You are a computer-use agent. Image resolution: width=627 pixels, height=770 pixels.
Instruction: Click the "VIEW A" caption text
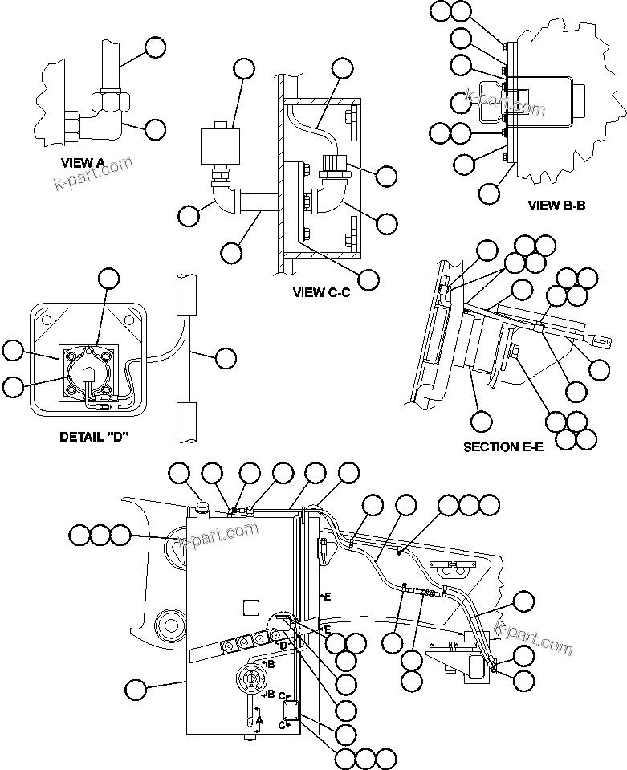click(83, 162)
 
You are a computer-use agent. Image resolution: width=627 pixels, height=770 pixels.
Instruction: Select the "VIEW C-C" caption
click(322, 292)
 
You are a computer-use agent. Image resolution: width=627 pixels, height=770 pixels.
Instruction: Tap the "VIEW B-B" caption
click(556, 205)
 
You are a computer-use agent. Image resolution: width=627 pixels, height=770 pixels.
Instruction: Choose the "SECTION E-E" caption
click(503, 446)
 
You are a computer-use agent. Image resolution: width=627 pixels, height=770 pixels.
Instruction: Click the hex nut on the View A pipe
click(108, 102)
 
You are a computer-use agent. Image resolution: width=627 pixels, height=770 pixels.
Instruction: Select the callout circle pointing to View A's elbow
click(153, 128)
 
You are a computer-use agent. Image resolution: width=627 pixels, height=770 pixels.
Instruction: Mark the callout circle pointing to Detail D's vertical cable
click(227, 357)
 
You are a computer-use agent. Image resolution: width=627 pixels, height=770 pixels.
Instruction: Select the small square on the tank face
click(250, 605)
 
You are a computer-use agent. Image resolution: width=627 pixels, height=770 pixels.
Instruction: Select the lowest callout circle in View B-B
click(489, 193)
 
